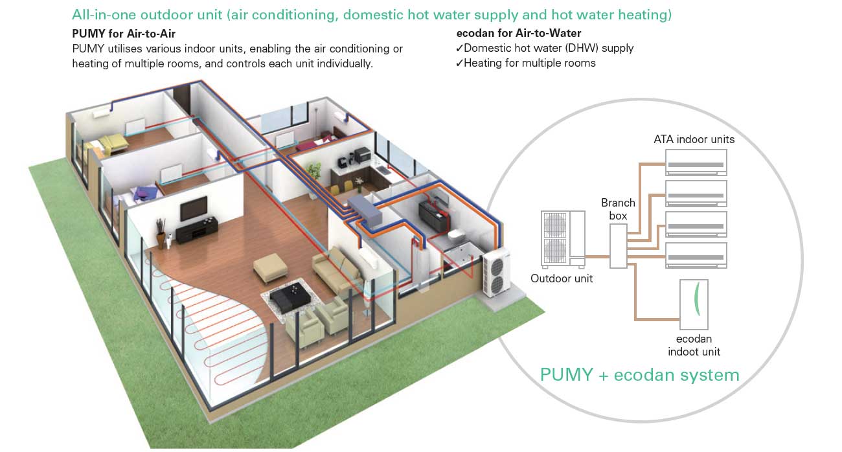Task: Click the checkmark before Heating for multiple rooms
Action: pyautogui.click(x=459, y=63)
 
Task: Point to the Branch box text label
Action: pyautogui.click(x=618, y=209)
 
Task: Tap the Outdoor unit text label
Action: pyautogui.click(x=562, y=279)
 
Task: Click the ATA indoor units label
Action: pyautogui.click(x=694, y=139)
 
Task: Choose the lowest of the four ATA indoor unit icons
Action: pyautogui.click(x=696, y=255)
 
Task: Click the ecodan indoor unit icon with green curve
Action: pyautogui.click(x=694, y=304)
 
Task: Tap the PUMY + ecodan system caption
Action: pyautogui.click(x=639, y=375)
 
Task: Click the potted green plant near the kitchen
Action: pyautogui.click(x=314, y=172)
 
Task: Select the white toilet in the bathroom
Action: pyautogui.click(x=457, y=236)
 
